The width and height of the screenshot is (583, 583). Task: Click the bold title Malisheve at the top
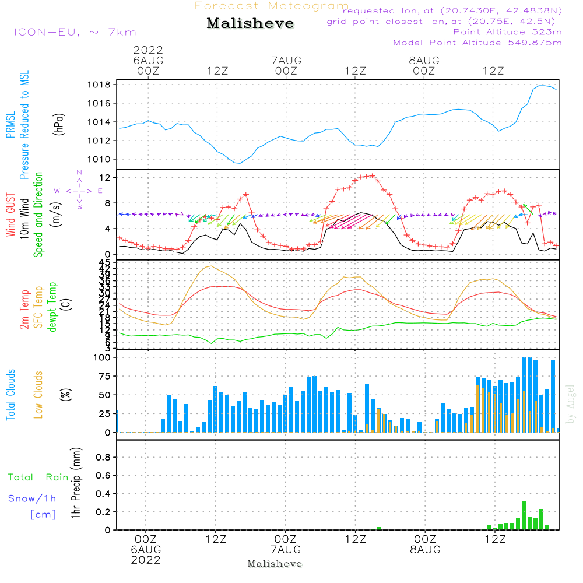(250, 23)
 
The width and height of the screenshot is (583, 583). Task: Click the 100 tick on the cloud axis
(103, 357)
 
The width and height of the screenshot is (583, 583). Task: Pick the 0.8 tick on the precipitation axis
(103, 458)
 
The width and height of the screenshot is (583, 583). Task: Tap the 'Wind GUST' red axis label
(10, 216)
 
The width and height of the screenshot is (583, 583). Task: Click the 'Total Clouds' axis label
(10, 395)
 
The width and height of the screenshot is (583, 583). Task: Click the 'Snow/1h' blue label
(32, 498)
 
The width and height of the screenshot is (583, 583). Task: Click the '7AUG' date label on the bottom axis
(286, 550)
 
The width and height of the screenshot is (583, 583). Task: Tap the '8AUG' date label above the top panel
(424, 61)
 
